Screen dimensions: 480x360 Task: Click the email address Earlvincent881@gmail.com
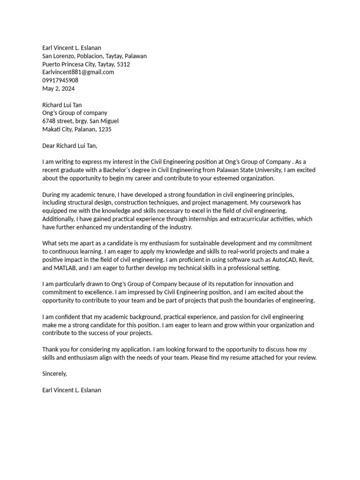[x=78, y=72]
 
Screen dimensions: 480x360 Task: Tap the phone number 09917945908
[x=60, y=80]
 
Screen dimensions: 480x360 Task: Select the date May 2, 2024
[x=59, y=89]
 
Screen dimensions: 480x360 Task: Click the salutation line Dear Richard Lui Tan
[x=70, y=145]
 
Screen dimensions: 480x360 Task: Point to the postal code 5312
[x=123, y=64]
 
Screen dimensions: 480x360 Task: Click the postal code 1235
[x=105, y=129]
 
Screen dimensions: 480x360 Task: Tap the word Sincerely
[x=55, y=374]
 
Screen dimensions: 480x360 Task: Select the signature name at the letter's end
[x=72, y=390]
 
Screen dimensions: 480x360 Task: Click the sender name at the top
[x=72, y=48]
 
